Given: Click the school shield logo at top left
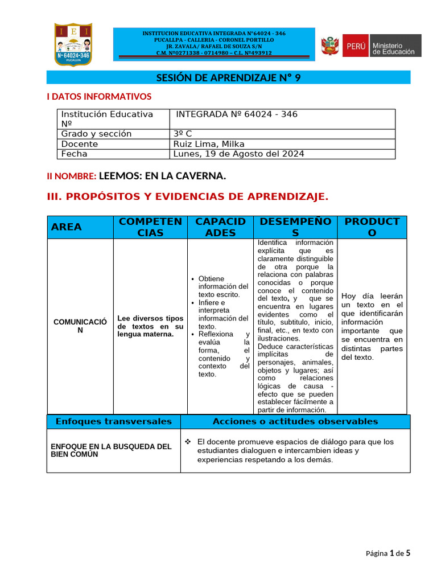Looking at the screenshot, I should pos(73,44).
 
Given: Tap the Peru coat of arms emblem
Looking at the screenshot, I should pos(330,46).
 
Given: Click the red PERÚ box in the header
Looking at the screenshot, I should pos(354,46).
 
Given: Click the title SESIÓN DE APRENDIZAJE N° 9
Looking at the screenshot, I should pos(228,78).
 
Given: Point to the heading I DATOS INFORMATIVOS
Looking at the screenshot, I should pos(99,97).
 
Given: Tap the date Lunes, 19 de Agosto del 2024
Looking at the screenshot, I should pos(239,154).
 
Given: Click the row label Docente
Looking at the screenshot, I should pos(80,144).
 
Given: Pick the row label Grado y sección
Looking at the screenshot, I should pos(96,134).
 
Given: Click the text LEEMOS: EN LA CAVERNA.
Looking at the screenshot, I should pos(162,176).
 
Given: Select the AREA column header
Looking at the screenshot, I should pos(67,227).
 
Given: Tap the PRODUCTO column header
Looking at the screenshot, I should pos(372,227).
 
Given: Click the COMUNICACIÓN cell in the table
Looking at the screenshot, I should pos(80,326).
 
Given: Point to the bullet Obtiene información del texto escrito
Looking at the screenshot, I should pos(223,286).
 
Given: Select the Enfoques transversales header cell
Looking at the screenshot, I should pos(113,421).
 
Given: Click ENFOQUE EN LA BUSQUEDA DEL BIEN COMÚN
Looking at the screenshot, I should pos(111,450).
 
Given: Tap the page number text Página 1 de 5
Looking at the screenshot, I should pos(387,553).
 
